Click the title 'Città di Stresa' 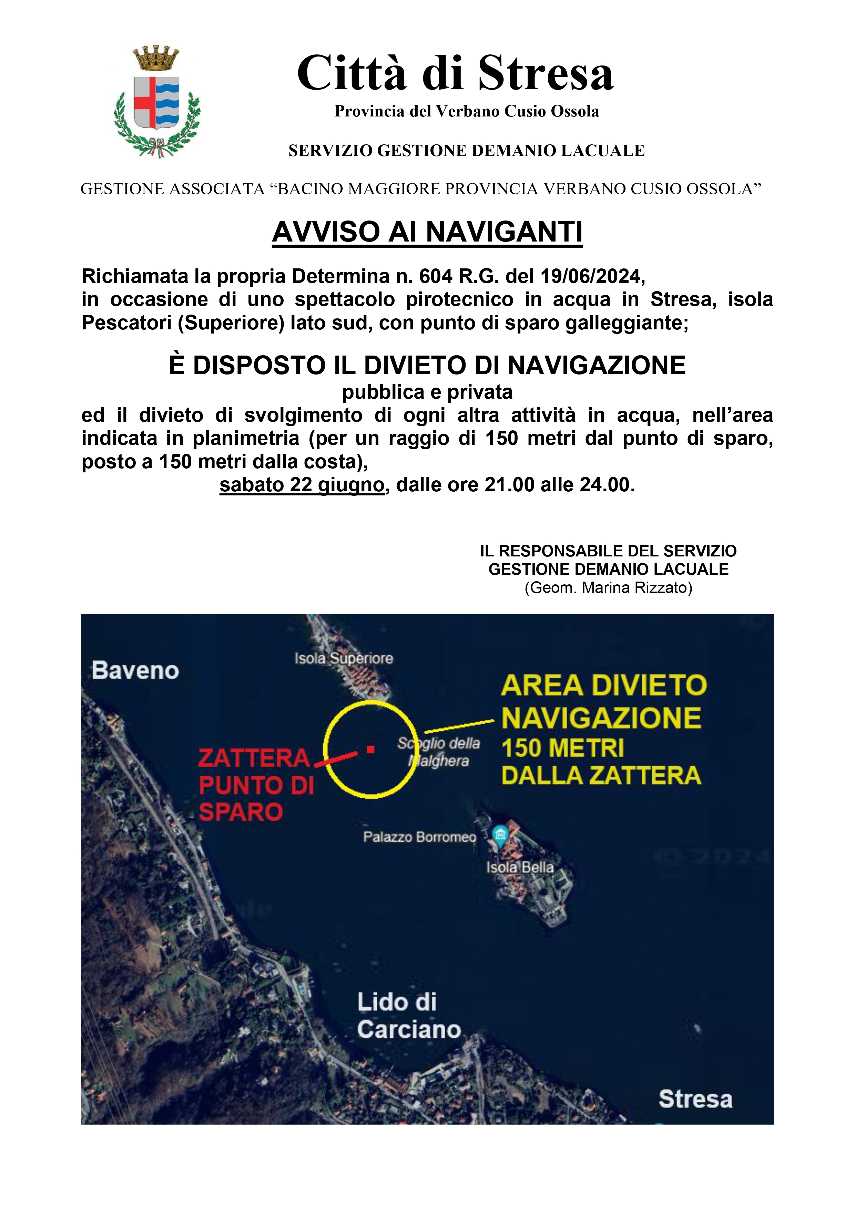(x=455, y=74)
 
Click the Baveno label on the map (x=135, y=670)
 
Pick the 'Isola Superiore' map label (x=344, y=658)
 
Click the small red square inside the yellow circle (x=371, y=749)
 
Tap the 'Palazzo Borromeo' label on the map (x=419, y=837)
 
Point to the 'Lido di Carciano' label (x=408, y=1016)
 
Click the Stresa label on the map (x=695, y=1099)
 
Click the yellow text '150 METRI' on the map (x=563, y=748)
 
